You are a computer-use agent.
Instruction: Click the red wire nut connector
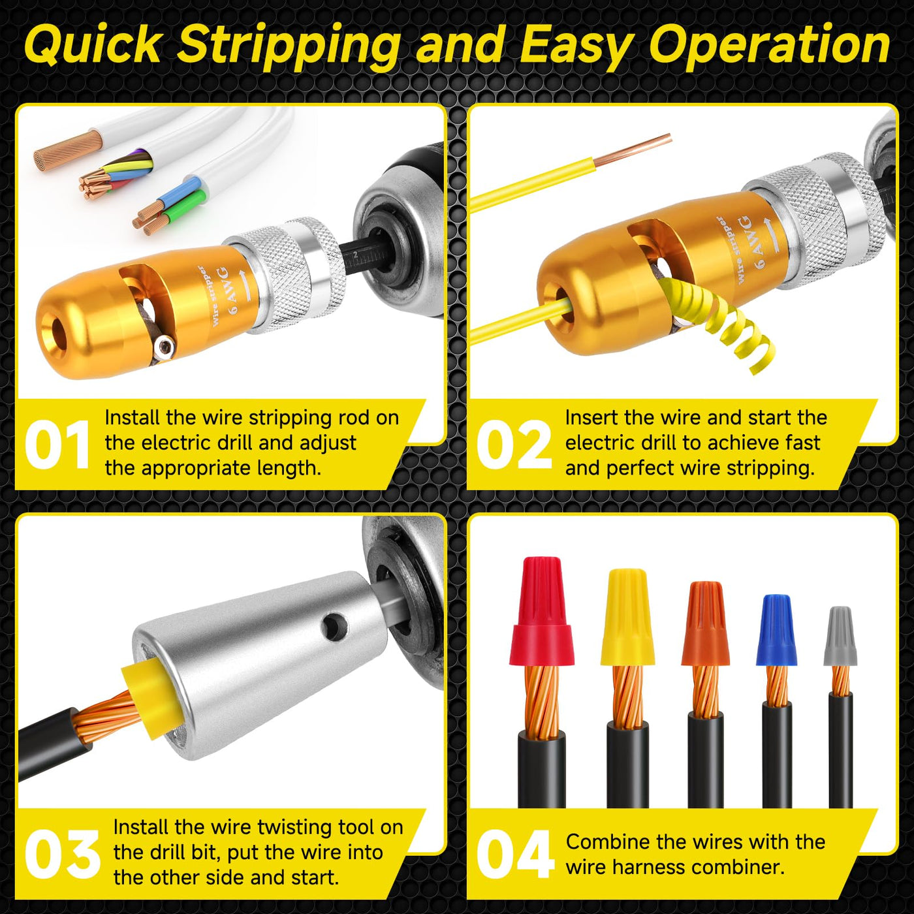(539, 612)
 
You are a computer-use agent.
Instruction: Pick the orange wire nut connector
(705, 623)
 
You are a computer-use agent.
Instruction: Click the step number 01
(57, 445)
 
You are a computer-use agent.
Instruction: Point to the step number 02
(514, 445)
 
